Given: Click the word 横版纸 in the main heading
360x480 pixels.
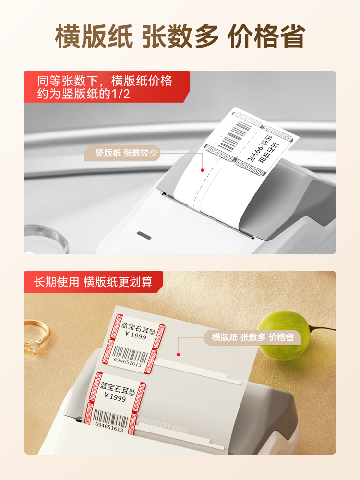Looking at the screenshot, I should [94, 36].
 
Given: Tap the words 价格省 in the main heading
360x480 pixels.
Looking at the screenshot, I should [266, 36].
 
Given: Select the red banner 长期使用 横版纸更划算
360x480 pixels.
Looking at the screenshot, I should [93, 282].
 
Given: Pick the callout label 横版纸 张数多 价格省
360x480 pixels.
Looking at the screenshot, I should [252, 337].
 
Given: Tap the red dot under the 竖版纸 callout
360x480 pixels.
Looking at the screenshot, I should [202, 170].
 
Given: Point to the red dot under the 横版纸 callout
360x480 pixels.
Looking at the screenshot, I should [178, 355].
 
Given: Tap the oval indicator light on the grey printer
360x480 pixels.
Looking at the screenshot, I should [144, 235].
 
